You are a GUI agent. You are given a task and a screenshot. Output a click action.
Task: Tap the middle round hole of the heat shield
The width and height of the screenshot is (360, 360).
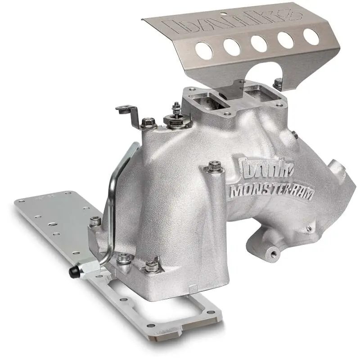click(x=259, y=43)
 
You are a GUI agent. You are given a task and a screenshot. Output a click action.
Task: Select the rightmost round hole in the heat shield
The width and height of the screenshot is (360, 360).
click(x=311, y=36)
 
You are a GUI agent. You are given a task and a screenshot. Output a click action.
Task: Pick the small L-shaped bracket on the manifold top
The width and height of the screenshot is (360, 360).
click(x=128, y=112)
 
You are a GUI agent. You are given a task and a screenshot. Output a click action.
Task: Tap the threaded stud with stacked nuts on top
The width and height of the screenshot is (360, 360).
click(x=176, y=112)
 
